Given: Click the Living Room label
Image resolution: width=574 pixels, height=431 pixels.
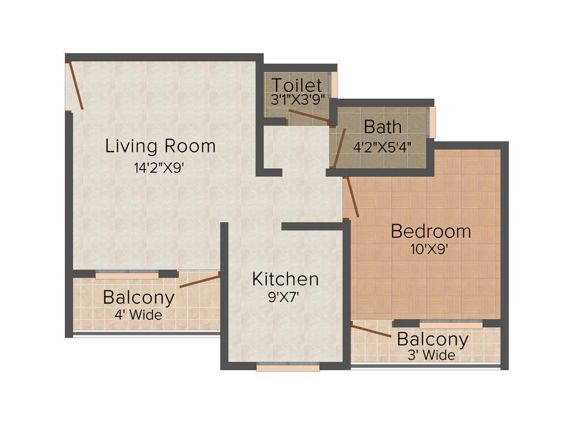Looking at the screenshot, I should [160, 146].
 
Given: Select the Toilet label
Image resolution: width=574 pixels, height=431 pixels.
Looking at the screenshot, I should [297, 86].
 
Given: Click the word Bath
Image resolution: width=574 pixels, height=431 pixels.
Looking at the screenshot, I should [382, 127].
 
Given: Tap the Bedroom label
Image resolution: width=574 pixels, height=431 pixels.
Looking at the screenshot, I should [430, 231].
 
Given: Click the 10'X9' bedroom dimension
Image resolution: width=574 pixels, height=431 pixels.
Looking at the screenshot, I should [430, 249].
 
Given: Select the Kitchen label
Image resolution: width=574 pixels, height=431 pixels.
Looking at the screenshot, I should [285, 279].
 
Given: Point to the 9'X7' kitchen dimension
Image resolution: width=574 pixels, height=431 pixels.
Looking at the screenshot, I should [285, 297].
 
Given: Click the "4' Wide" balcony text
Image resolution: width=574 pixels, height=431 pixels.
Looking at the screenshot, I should [138, 315].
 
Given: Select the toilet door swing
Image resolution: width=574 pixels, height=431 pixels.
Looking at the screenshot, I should [308, 116].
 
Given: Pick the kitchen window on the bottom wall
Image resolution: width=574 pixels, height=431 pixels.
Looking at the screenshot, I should [288, 368].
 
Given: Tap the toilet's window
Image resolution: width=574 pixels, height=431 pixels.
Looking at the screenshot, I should [335, 85].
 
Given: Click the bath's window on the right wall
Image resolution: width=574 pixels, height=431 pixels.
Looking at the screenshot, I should [432, 122].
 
